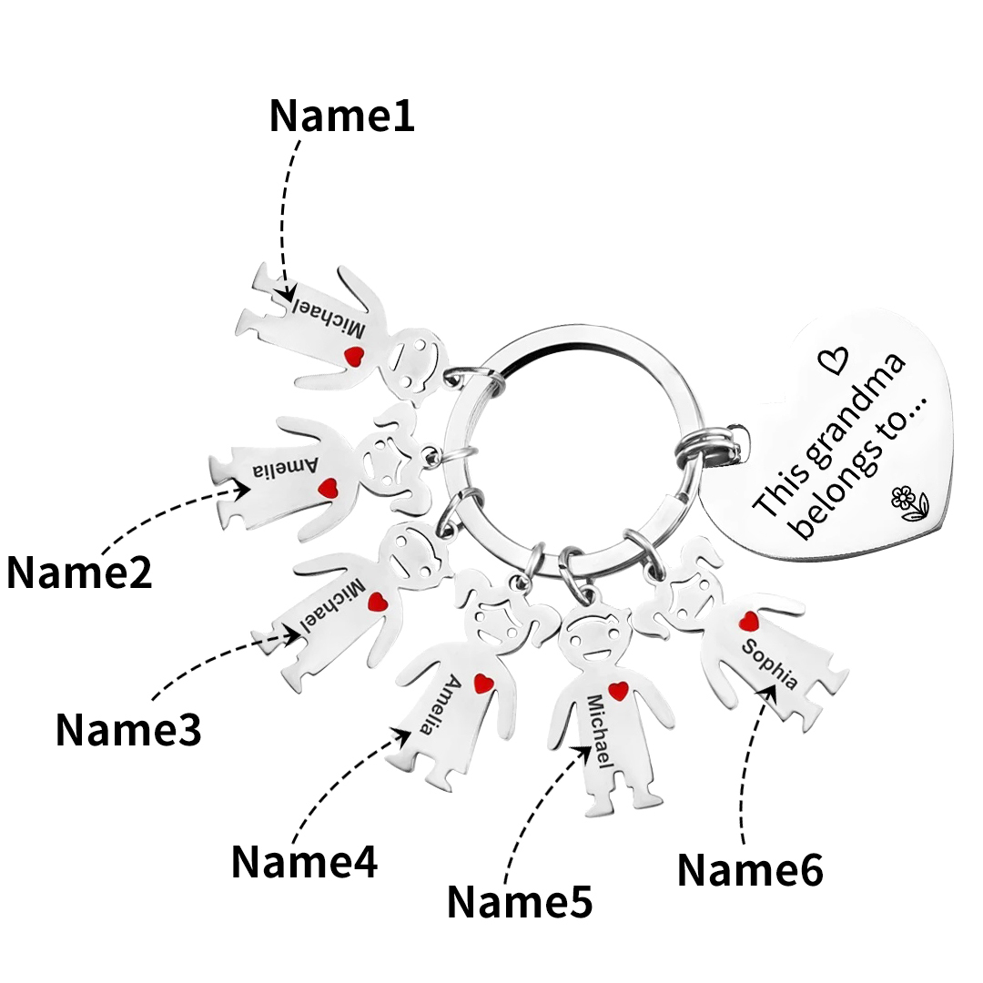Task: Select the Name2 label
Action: pyautogui.click(x=80, y=573)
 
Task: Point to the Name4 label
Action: pyautogui.click(x=304, y=861)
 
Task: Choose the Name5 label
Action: pyautogui.click(x=520, y=901)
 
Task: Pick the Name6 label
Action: pyautogui.click(x=750, y=870)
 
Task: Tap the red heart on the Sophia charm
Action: pyautogui.click(x=749, y=621)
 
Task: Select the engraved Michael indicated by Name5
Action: pyautogui.click(x=600, y=730)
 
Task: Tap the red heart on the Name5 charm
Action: pyautogui.click(x=618, y=691)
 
